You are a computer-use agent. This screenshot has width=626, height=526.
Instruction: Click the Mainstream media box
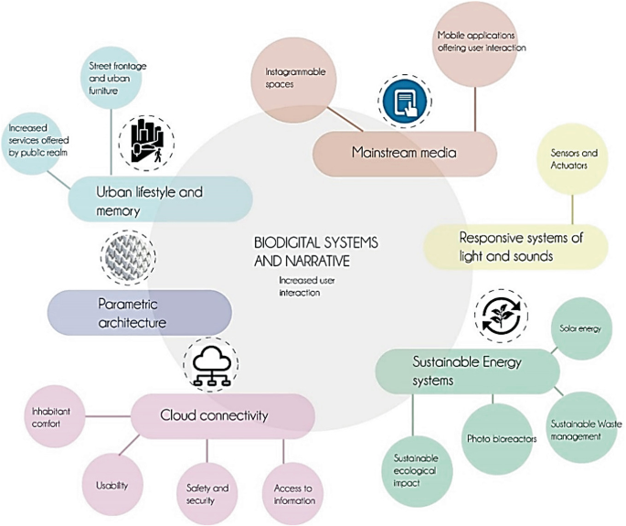click(405, 153)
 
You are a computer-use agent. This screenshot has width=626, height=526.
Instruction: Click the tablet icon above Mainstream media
click(398, 100)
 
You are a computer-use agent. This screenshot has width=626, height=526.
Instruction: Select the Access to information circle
click(293, 494)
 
